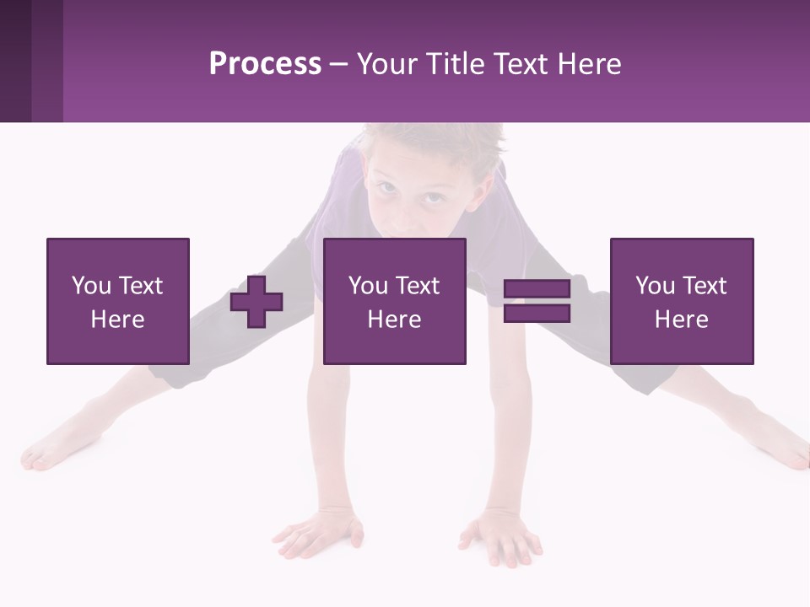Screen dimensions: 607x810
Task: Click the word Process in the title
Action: pos(265,64)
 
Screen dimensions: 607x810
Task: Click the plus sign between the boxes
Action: pos(256,302)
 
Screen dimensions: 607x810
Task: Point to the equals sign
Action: pos(537,302)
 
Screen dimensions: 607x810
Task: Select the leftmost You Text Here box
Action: pos(118,302)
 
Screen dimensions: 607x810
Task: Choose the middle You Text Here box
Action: pos(395,302)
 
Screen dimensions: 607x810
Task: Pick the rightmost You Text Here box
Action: pos(682,302)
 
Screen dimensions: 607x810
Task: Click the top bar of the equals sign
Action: pos(537,290)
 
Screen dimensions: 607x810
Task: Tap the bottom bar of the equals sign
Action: pos(537,314)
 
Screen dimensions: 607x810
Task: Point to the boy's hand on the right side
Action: pos(501,536)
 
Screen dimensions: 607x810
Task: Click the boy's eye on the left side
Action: pos(384,187)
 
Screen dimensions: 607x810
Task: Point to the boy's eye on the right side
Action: pos(431,198)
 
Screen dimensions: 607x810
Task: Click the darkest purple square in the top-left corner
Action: pos(15,61)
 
